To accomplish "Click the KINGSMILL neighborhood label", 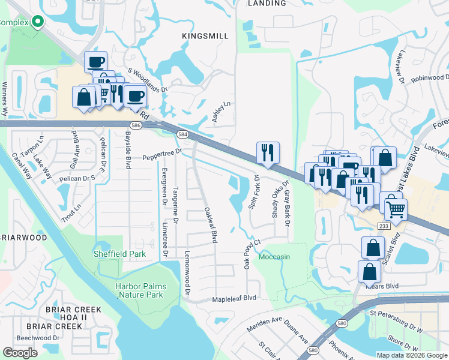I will [x=205, y=37].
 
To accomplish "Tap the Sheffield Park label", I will [x=119, y=254].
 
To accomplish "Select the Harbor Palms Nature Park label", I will [x=139, y=290].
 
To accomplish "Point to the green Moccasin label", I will [x=274, y=257].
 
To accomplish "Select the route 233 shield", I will [x=384, y=225].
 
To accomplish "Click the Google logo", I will [x=20, y=353].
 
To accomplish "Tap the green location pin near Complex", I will [x=38, y=22].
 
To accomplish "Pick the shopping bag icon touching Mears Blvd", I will [x=369, y=271].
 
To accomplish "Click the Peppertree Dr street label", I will [x=161, y=155].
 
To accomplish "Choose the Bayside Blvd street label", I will [x=128, y=150].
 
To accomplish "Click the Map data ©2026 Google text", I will [x=411, y=355].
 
